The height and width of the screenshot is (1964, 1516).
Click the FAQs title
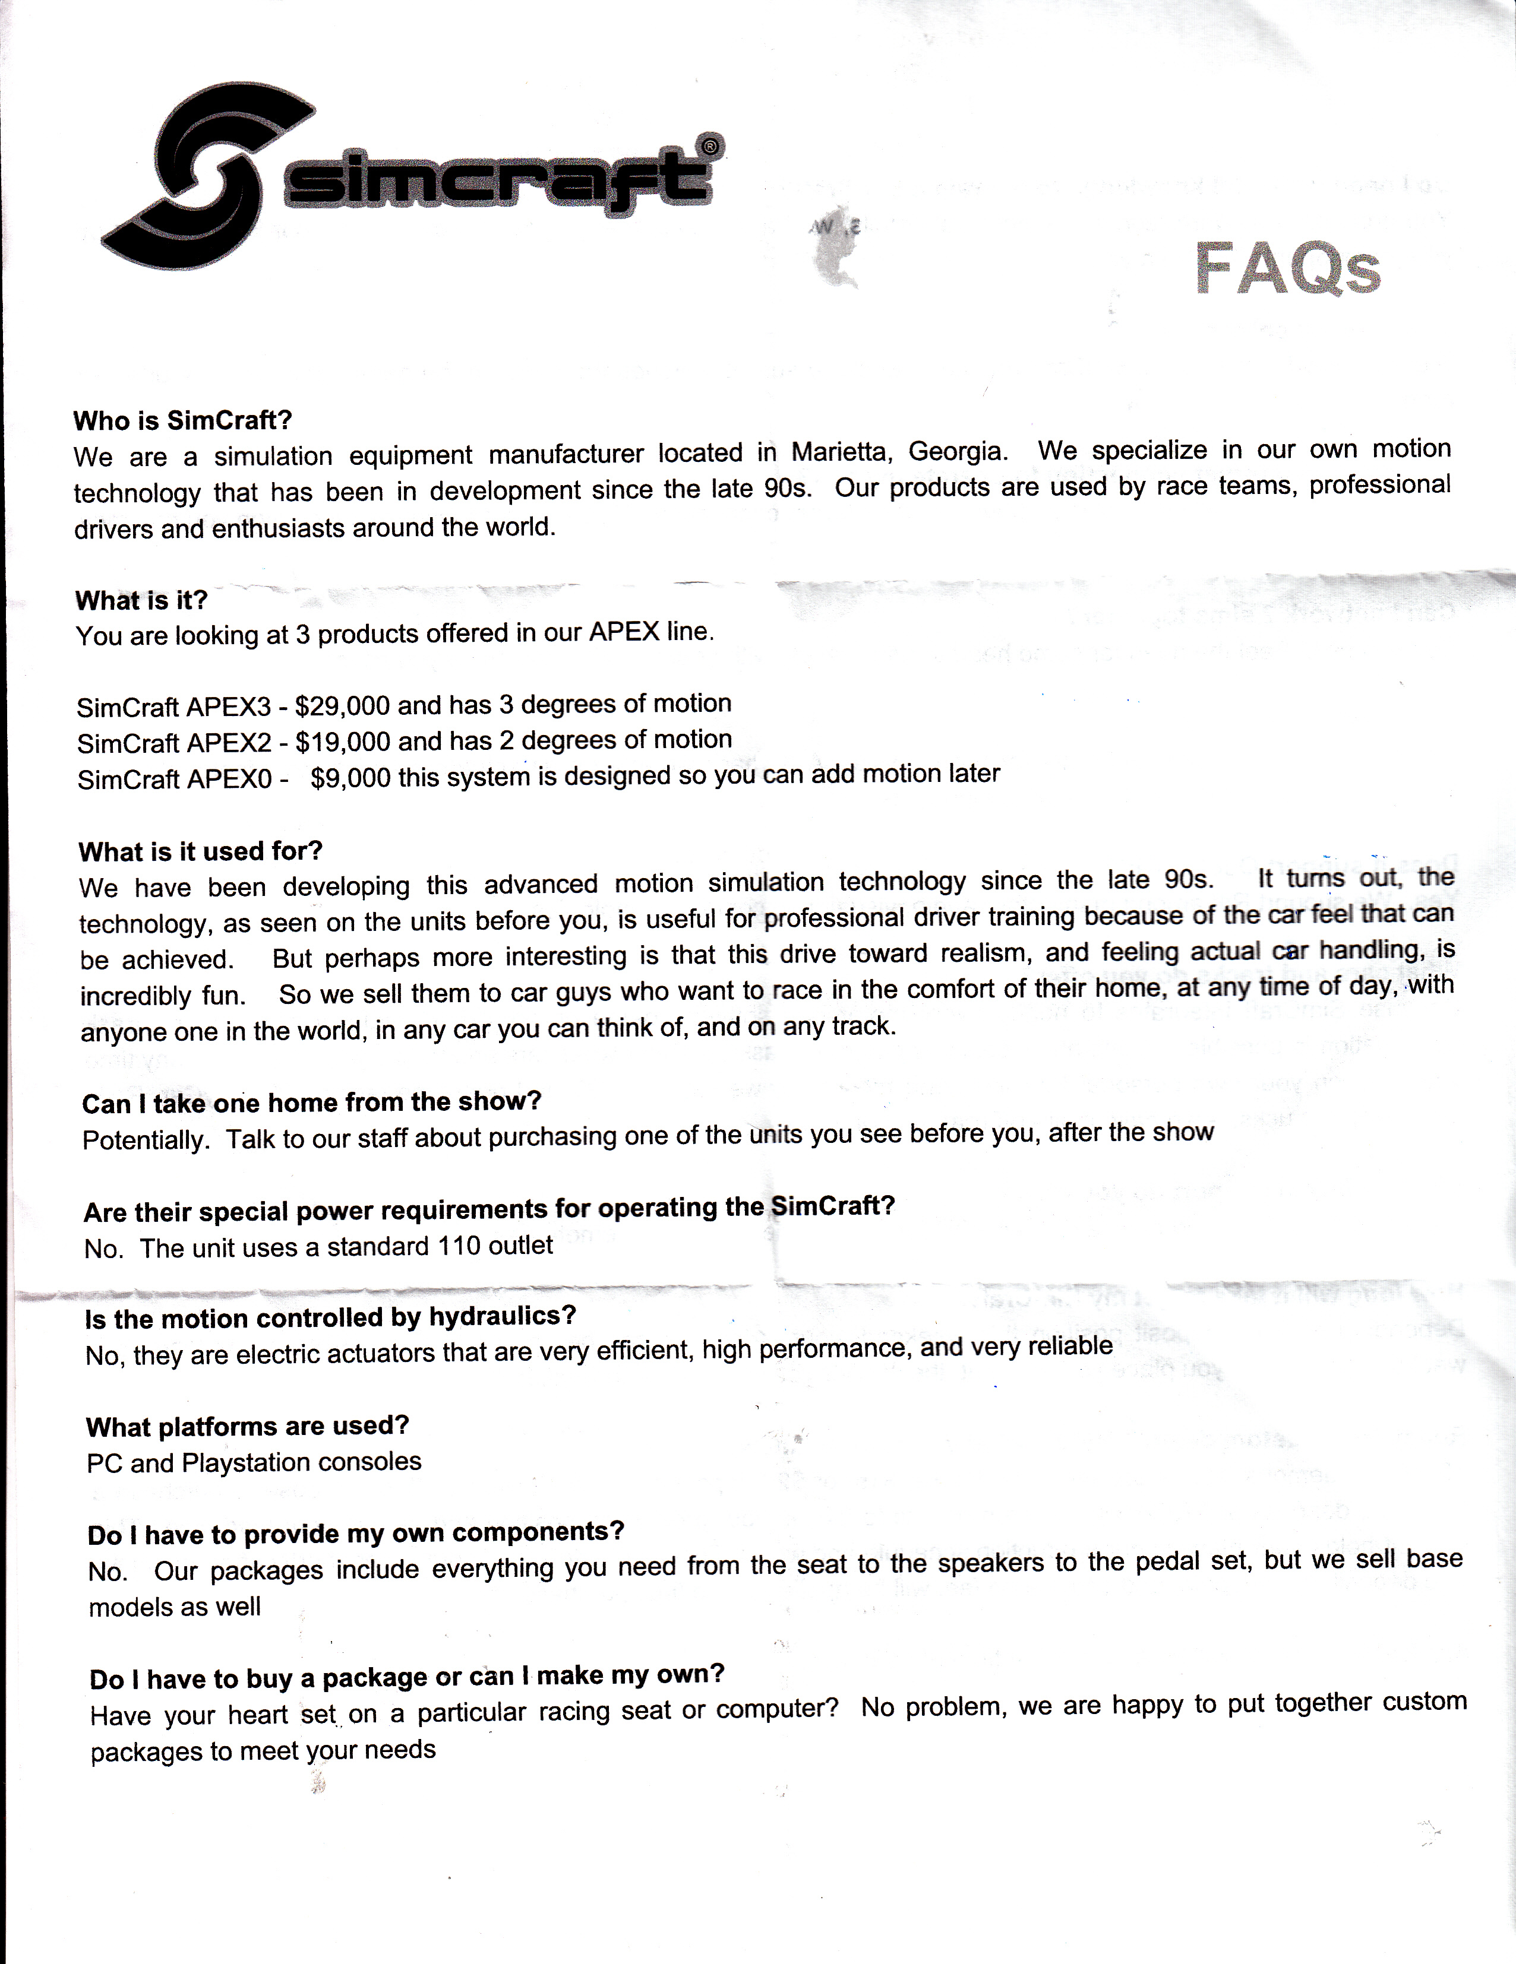[1287, 268]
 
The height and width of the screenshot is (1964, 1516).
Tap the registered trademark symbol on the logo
[710, 145]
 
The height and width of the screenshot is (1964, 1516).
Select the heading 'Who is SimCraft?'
[182, 420]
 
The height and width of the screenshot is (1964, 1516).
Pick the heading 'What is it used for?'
[200, 851]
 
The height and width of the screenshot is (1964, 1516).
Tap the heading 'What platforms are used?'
[247, 1426]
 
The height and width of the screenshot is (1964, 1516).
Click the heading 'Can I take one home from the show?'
[311, 1103]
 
